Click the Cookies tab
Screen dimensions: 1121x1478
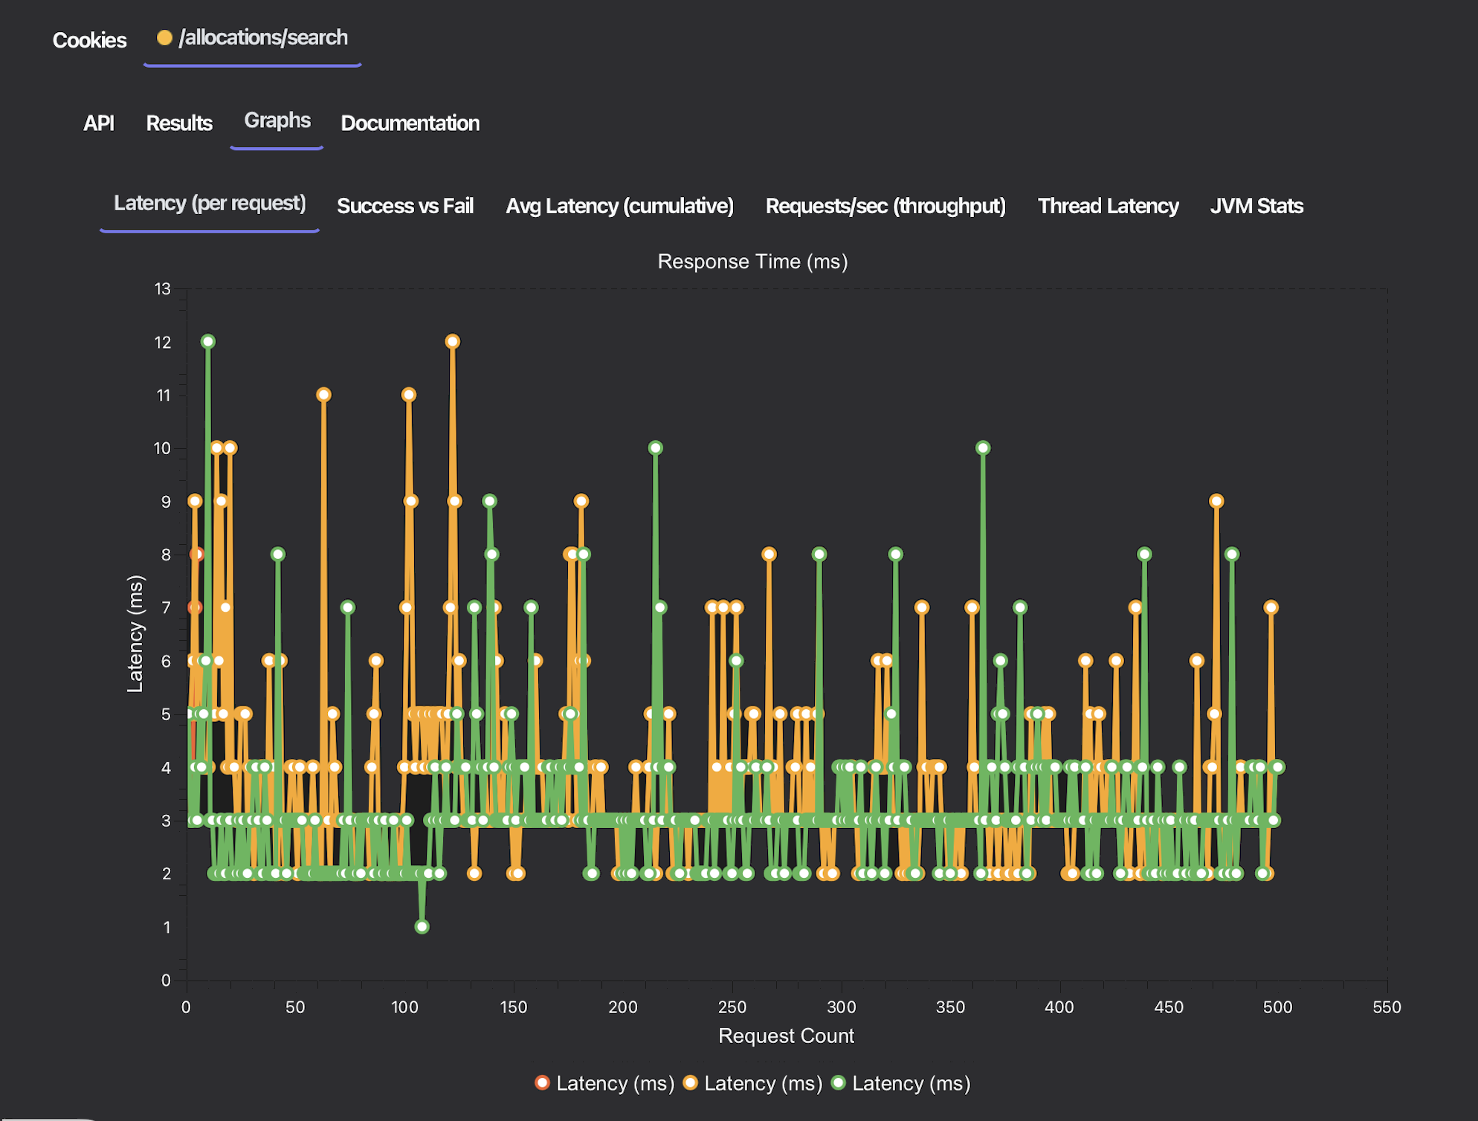[89, 40]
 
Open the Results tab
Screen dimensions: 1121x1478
[179, 123]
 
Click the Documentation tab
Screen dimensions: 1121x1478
[410, 123]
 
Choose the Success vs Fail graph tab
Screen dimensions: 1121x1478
[404, 206]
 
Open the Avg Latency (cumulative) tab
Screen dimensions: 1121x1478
[619, 206]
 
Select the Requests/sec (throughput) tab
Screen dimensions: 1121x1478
[885, 206]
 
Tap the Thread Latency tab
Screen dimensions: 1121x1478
[1108, 206]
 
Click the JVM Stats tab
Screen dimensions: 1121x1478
[1256, 206]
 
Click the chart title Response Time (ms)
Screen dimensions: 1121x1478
[752, 262]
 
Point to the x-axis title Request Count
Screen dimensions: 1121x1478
[786, 1036]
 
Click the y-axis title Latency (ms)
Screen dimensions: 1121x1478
[135, 633]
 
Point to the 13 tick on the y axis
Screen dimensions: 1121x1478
[163, 288]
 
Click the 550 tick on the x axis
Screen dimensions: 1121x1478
[1387, 1007]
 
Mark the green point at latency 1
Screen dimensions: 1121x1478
[422, 926]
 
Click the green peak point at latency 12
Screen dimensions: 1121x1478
[208, 341]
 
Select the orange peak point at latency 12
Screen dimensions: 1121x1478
[452, 341]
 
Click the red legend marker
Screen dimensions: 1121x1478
[542, 1082]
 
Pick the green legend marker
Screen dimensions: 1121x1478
[839, 1082]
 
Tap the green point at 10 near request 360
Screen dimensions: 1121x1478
[983, 448]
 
